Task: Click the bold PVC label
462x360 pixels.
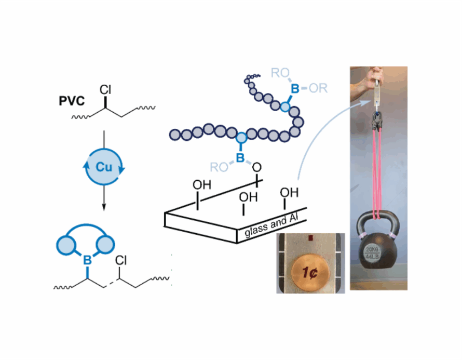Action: click(x=72, y=100)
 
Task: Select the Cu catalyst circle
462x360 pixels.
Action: click(x=104, y=167)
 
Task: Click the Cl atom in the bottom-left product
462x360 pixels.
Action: click(x=121, y=259)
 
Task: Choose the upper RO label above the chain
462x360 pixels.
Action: click(x=280, y=73)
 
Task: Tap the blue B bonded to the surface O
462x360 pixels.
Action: click(x=240, y=157)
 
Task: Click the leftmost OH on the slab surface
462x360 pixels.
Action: click(x=201, y=184)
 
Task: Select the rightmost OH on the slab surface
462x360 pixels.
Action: click(x=289, y=192)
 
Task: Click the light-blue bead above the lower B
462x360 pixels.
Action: click(x=241, y=138)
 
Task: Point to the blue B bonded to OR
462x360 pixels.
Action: click(x=295, y=89)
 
